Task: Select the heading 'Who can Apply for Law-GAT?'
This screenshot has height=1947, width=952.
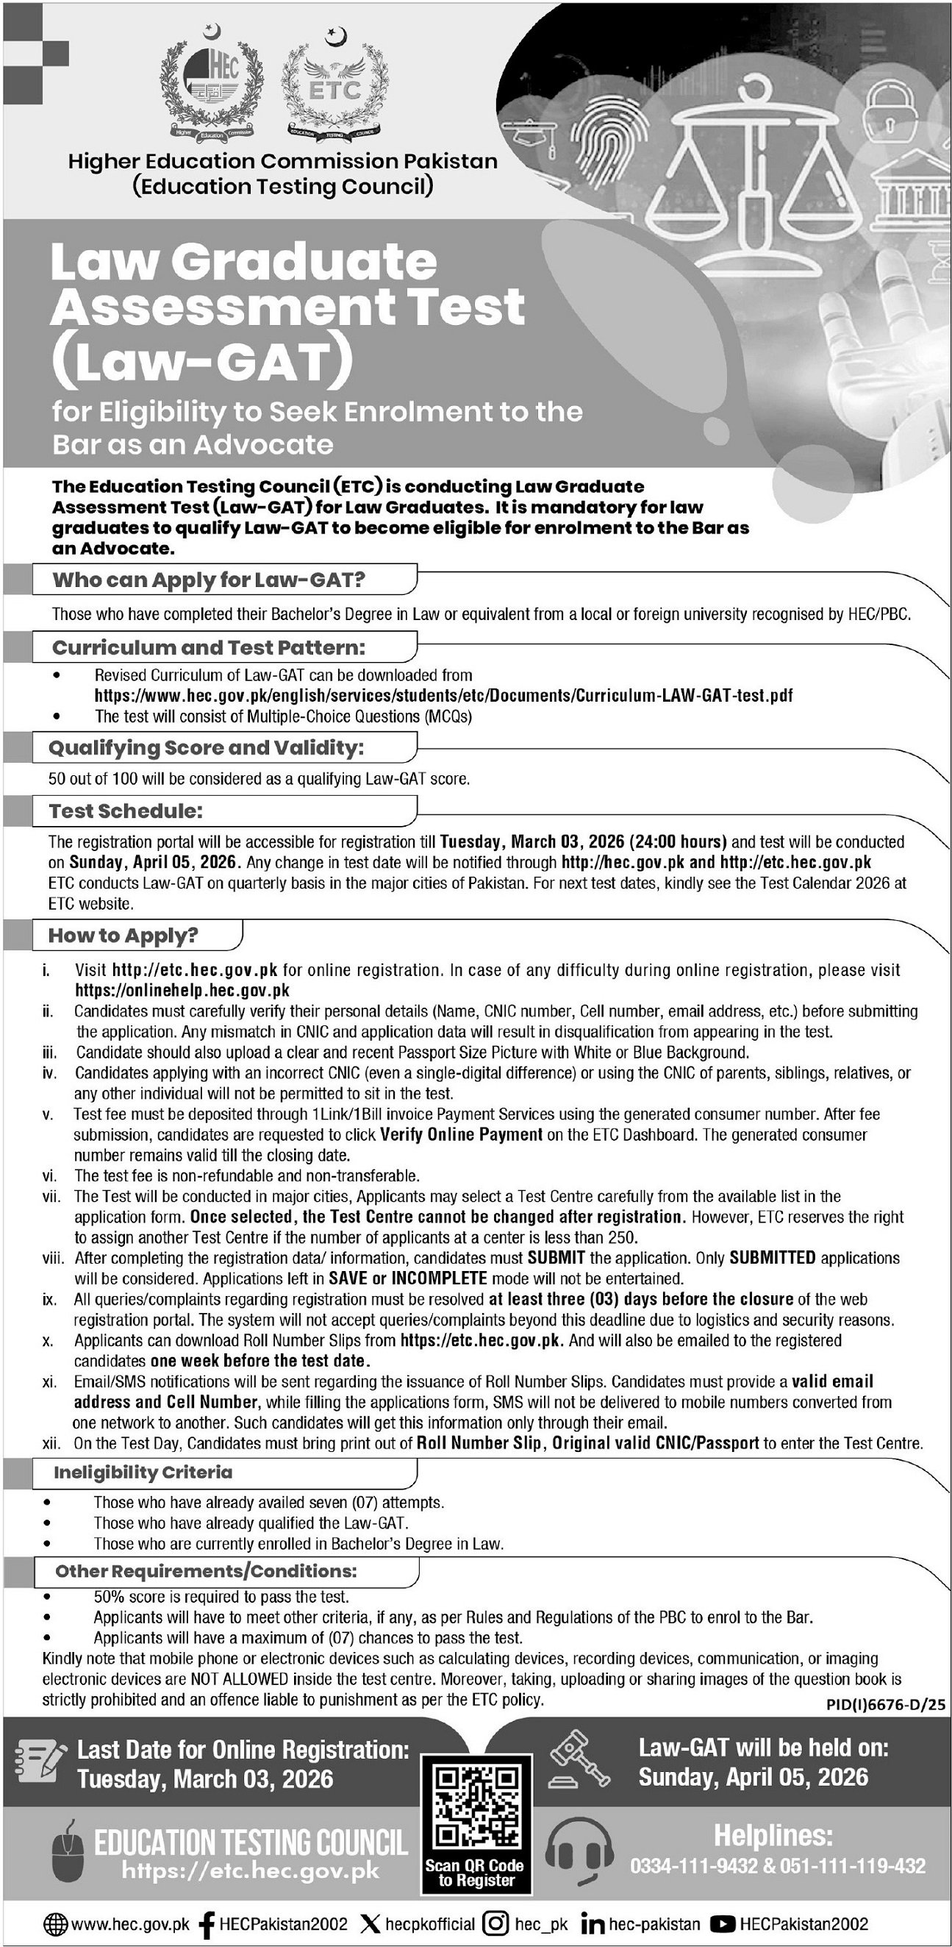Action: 209,580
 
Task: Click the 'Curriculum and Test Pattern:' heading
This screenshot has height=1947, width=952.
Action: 209,648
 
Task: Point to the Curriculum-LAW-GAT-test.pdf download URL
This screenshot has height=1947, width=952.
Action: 443,695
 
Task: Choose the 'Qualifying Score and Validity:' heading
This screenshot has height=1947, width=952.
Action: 207,747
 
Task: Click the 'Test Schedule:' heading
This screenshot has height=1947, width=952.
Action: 126,811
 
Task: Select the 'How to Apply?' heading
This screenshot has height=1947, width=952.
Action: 124,936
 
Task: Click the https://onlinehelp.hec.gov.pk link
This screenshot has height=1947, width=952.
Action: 182,990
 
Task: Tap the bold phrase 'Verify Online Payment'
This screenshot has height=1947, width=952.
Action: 461,1134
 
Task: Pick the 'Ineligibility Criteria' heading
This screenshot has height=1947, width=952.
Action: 143,1473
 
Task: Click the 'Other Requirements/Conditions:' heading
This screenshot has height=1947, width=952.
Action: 206,1570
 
